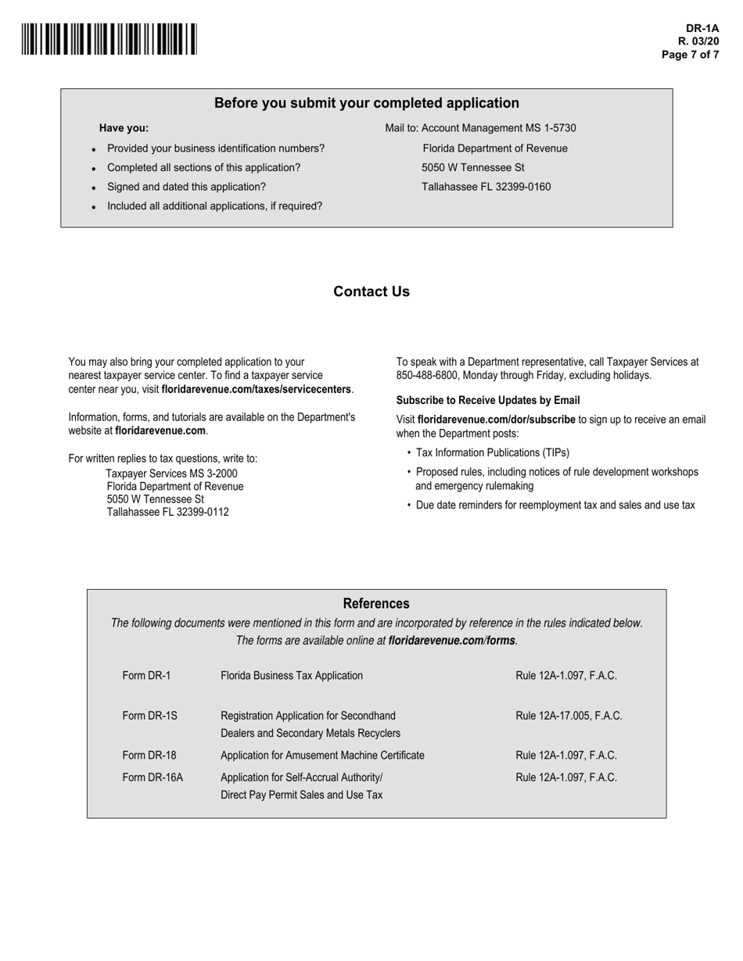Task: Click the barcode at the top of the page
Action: click(109, 39)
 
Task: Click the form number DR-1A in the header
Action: click(702, 28)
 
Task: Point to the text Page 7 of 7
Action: click(690, 55)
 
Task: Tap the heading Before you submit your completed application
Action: click(366, 103)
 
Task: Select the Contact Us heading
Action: click(371, 291)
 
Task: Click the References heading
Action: click(375, 604)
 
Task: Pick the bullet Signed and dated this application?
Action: click(186, 187)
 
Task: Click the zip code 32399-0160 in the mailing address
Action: click(523, 187)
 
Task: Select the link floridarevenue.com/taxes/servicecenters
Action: click(256, 389)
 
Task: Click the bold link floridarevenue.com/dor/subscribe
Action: click(496, 420)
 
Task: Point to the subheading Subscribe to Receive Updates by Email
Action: click(488, 400)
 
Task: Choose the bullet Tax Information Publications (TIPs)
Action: click(492, 452)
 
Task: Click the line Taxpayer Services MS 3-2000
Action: click(171, 473)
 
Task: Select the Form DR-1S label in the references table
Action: click(149, 716)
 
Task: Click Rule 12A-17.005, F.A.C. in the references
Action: click(569, 716)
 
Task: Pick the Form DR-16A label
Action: click(153, 777)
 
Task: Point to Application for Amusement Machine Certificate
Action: click(322, 756)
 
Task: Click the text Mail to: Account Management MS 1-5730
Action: click(480, 128)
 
